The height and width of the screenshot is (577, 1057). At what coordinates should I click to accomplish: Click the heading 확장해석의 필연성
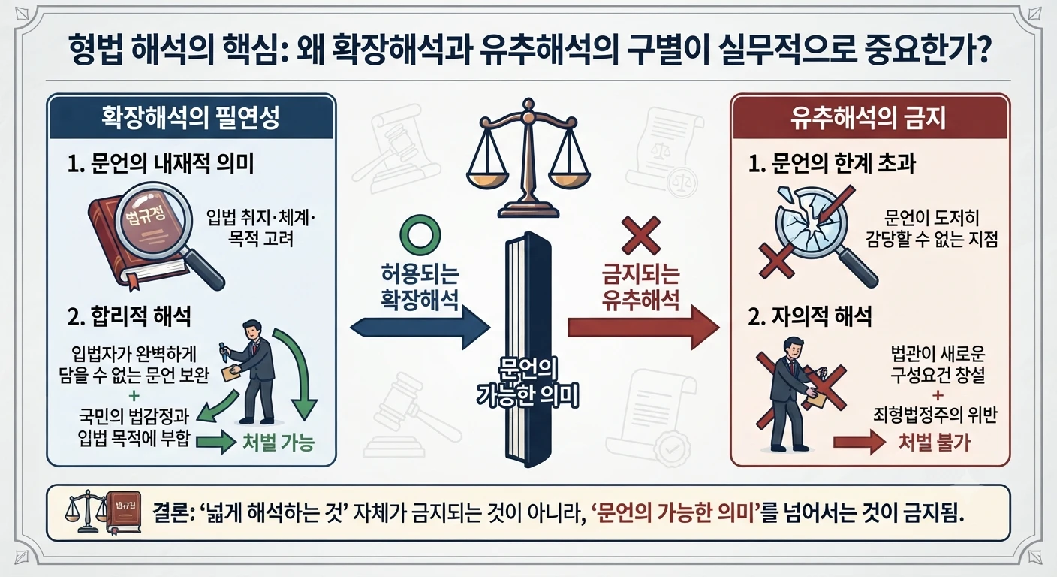click(x=191, y=117)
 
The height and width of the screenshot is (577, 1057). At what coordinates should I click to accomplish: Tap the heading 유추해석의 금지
click(x=869, y=117)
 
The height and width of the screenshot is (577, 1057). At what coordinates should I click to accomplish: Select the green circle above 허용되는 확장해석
click(x=420, y=235)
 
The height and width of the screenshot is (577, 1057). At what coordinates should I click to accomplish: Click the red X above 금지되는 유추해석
click(x=641, y=236)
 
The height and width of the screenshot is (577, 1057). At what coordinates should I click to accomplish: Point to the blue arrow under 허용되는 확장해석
click(x=420, y=328)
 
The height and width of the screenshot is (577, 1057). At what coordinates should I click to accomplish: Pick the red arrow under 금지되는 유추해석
click(x=643, y=328)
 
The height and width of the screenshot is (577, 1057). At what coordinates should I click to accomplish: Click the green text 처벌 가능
click(x=278, y=443)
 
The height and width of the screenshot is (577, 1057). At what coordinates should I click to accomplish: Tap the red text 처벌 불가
click(x=934, y=442)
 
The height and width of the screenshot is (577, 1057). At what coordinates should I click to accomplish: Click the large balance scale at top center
click(x=528, y=158)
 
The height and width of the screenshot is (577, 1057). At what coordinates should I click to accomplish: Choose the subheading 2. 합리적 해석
click(x=129, y=316)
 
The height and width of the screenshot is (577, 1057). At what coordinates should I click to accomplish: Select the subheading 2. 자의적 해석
click(x=810, y=316)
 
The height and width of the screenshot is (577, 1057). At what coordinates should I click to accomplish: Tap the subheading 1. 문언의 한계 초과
click(x=832, y=163)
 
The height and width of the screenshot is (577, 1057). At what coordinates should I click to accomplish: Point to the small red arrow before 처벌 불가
click(x=860, y=442)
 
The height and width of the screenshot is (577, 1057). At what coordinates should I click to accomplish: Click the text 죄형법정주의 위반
click(x=935, y=415)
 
